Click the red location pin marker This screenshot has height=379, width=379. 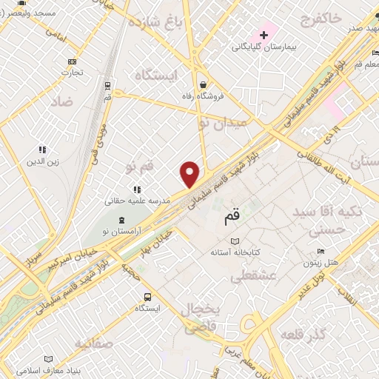click(190, 175)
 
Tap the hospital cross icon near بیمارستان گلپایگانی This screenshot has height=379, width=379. click(264, 35)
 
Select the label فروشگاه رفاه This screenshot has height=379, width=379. click(203, 96)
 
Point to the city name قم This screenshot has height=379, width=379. click(232, 219)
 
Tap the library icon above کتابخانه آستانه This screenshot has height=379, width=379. click(235, 241)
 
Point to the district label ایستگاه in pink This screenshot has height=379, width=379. click(156, 76)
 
